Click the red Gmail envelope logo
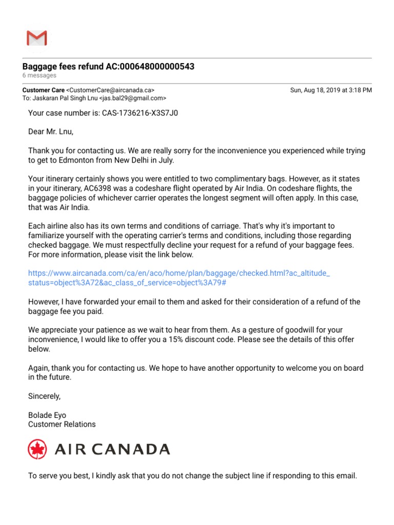pos(36,38)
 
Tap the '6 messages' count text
pos(39,76)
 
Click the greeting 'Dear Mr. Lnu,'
pos(51,132)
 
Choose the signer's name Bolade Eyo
pos(47,415)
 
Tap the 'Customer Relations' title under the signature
pos(62,425)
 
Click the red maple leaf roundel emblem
pos(37,450)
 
